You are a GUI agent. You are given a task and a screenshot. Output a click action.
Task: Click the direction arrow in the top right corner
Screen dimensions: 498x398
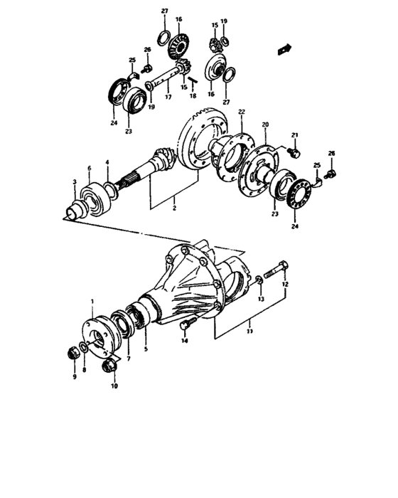pos(286,49)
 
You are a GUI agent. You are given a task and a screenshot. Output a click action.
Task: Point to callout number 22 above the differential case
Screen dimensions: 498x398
pos(242,112)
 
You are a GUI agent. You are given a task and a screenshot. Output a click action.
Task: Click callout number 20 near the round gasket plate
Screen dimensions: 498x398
pos(266,125)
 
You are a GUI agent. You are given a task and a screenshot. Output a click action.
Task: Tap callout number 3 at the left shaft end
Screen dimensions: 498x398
pos(73,183)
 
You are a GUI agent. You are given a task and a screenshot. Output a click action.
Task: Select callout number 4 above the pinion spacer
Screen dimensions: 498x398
pos(107,163)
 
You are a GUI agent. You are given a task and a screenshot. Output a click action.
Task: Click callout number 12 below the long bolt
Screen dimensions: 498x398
pos(284,285)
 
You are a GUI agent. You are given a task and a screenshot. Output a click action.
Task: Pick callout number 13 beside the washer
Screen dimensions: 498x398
pos(260,300)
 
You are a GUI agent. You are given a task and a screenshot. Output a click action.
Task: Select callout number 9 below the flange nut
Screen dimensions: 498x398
pos(74,376)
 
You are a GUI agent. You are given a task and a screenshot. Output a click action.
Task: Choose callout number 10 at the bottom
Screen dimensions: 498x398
pos(113,386)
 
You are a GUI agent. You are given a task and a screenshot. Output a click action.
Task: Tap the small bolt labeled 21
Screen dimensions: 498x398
pos(296,152)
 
